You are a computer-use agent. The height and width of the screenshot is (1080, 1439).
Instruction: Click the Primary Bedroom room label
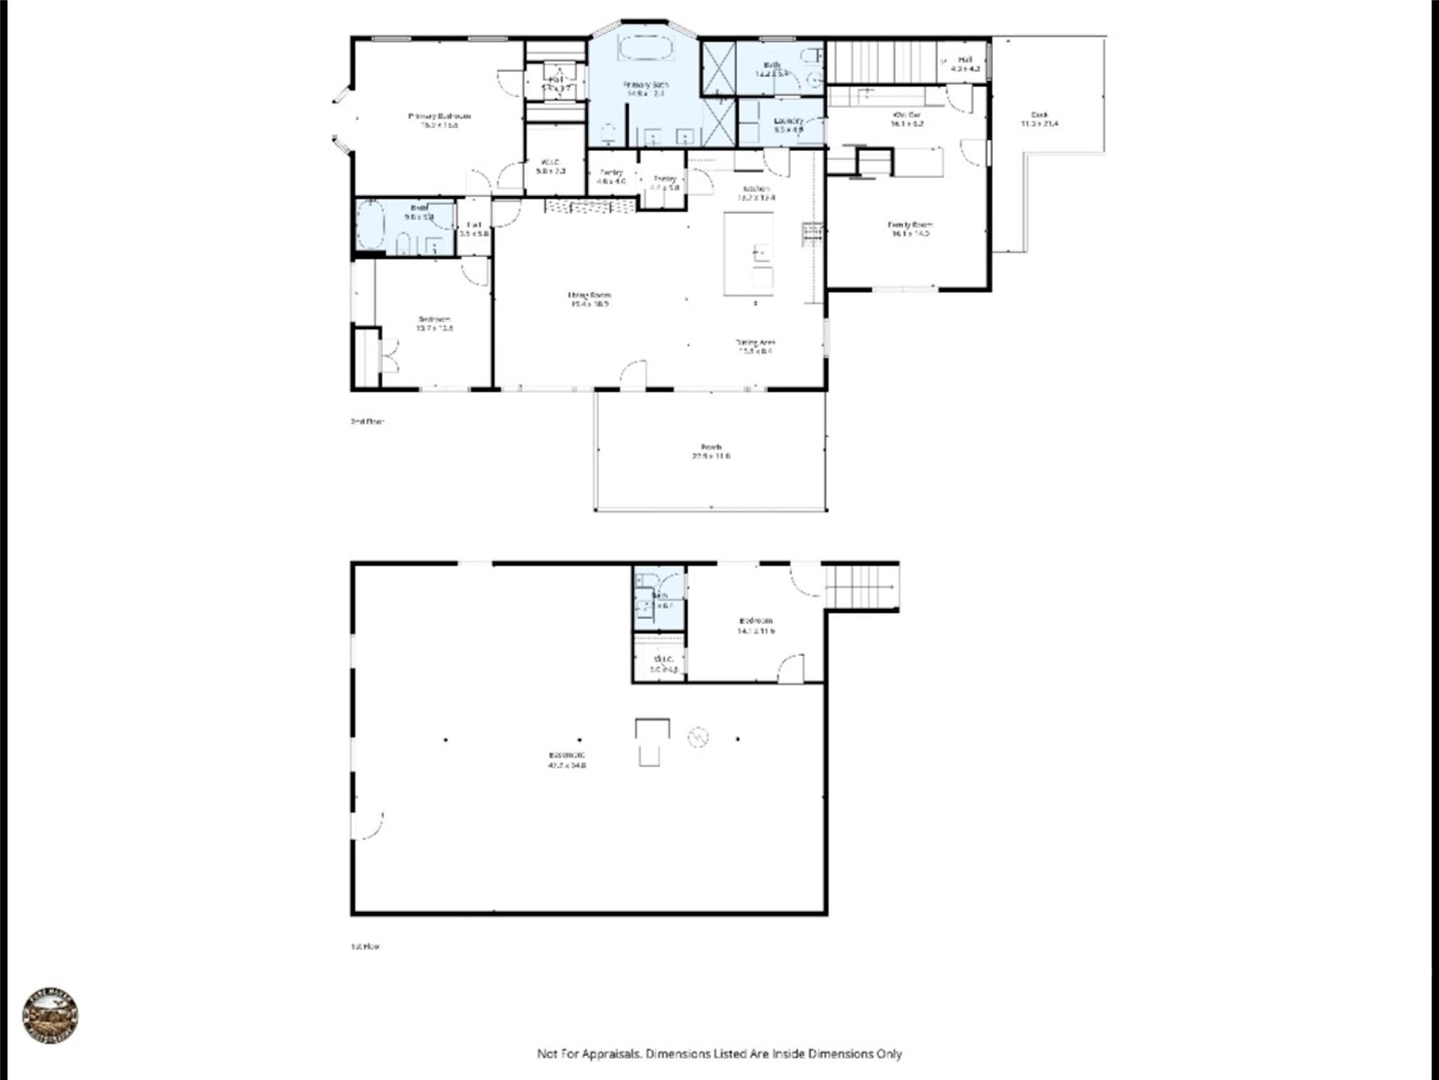[x=439, y=117]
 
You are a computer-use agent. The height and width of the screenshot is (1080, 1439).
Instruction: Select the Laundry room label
[x=788, y=120]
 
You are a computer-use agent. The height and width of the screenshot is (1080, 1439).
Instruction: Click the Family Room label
[x=910, y=225]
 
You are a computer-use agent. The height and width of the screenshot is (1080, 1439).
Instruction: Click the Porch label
[x=711, y=447]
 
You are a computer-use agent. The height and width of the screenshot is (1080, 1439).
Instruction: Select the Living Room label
[x=589, y=295]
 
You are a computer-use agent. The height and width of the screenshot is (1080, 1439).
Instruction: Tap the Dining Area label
[x=755, y=342]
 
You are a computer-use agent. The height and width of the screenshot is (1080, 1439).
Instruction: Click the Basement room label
[x=566, y=755]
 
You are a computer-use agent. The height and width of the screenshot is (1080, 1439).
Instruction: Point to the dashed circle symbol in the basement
[x=698, y=737]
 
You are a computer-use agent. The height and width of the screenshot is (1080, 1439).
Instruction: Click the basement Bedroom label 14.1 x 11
[x=755, y=621]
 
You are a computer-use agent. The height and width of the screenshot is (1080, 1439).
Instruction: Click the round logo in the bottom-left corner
[x=50, y=1015]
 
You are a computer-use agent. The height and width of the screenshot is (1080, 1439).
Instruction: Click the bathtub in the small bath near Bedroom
[x=370, y=225]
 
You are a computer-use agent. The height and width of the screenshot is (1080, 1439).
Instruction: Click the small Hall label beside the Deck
[x=965, y=60]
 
